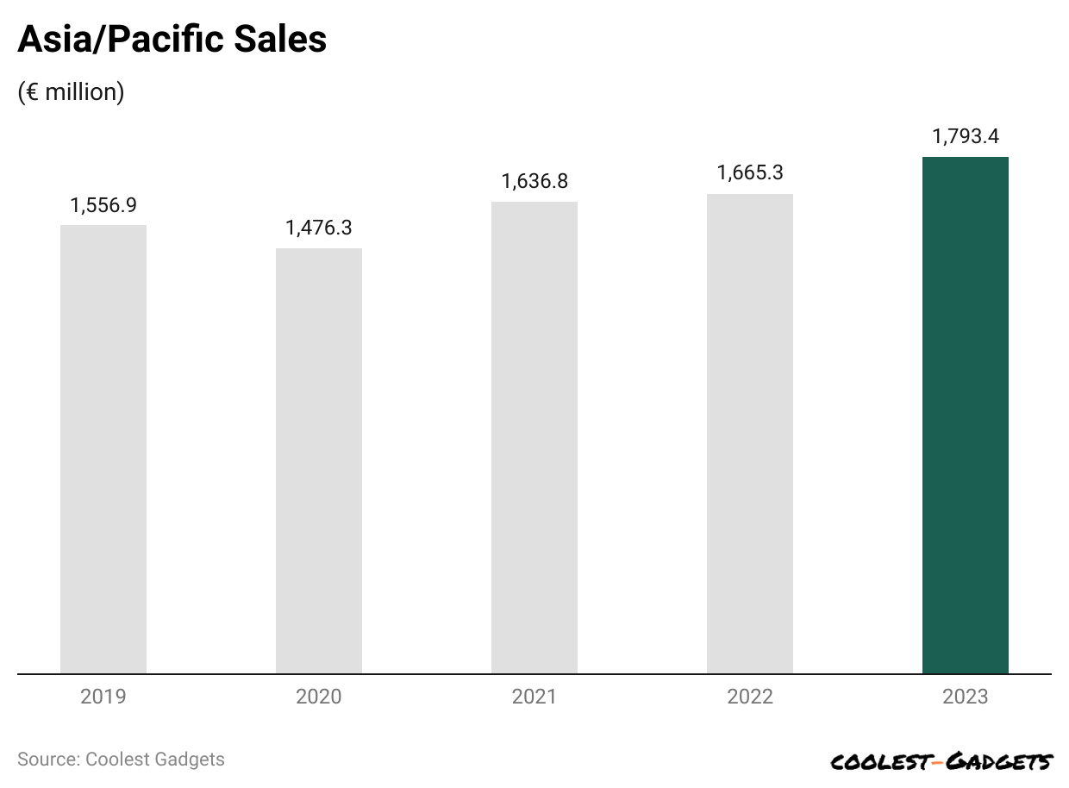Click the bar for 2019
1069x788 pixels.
[x=103, y=449]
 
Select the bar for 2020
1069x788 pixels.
[x=319, y=461]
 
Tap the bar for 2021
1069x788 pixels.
[x=534, y=438]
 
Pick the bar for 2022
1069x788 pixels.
[x=750, y=434]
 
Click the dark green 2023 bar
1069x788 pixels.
[x=966, y=416]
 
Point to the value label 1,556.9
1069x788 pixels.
[x=103, y=205]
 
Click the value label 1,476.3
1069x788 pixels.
[x=319, y=228]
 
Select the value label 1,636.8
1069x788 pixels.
[x=534, y=182]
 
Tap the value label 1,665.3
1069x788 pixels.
[x=750, y=173]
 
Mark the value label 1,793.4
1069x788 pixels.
[x=966, y=136]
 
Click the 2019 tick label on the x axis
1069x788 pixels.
[x=103, y=697]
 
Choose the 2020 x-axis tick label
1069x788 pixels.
[x=319, y=697]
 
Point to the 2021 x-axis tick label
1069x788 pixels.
[x=534, y=697]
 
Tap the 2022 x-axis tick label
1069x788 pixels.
[x=750, y=697]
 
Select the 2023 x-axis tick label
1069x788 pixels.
[x=966, y=697]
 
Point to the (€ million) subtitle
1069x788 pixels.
[x=71, y=92]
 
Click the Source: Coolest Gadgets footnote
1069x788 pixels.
[x=121, y=760]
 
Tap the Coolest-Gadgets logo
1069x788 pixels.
[x=941, y=761]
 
